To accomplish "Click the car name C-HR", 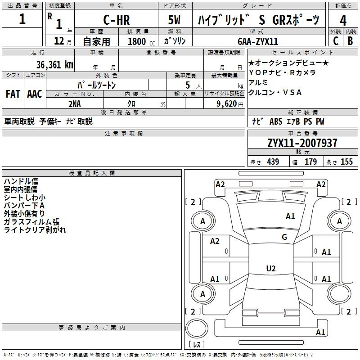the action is point(117,20).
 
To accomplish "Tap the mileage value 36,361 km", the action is point(55,65).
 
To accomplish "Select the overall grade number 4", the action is point(343,21).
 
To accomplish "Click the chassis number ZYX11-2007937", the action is point(302,143).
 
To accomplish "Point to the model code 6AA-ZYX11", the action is point(258,41).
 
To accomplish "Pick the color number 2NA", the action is point(75,104).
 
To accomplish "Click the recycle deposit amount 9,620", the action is point(227,104).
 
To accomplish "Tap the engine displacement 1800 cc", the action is point(141,41).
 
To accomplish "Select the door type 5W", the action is point(174,20).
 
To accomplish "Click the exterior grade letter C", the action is point(336,41).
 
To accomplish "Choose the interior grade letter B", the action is point(350,41).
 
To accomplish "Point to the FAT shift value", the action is point(13,94).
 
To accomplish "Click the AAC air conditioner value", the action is point(35,94).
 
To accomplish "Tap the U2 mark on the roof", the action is point(271,268).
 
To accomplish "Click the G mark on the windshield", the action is point(284,237).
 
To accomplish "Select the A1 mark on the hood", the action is point(290,216).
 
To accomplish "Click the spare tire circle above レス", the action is point(197,328).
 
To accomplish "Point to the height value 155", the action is point(346,162).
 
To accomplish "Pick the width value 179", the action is point(310,162).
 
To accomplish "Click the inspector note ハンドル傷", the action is point(21,181).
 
